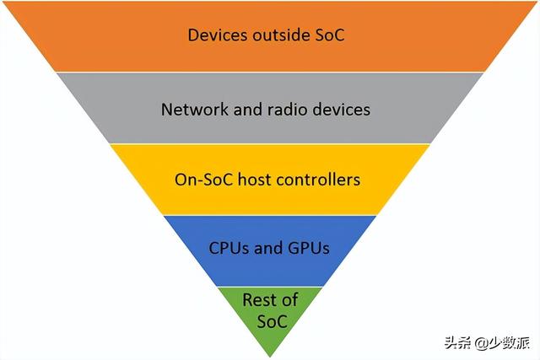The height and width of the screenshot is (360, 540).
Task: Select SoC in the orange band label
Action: point(330,35)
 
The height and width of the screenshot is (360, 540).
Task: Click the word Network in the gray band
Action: point(195,110)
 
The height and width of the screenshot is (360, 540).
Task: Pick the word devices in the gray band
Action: point(341,110)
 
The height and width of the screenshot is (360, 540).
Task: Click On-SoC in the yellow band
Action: point(203,180)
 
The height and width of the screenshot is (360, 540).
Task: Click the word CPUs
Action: point(229,248)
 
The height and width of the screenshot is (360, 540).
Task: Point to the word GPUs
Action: point(309,248)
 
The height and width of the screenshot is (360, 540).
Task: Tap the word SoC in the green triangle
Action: point(272,321)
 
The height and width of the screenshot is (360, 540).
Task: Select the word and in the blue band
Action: point(267,248)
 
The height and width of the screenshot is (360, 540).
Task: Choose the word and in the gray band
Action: point(247,110)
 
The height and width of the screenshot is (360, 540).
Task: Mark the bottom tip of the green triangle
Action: point(270,357)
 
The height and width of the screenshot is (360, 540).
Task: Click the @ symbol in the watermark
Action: point(482,343)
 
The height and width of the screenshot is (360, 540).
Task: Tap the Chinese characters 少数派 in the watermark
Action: point(509,343)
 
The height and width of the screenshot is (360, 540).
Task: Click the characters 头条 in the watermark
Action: point(458,343)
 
